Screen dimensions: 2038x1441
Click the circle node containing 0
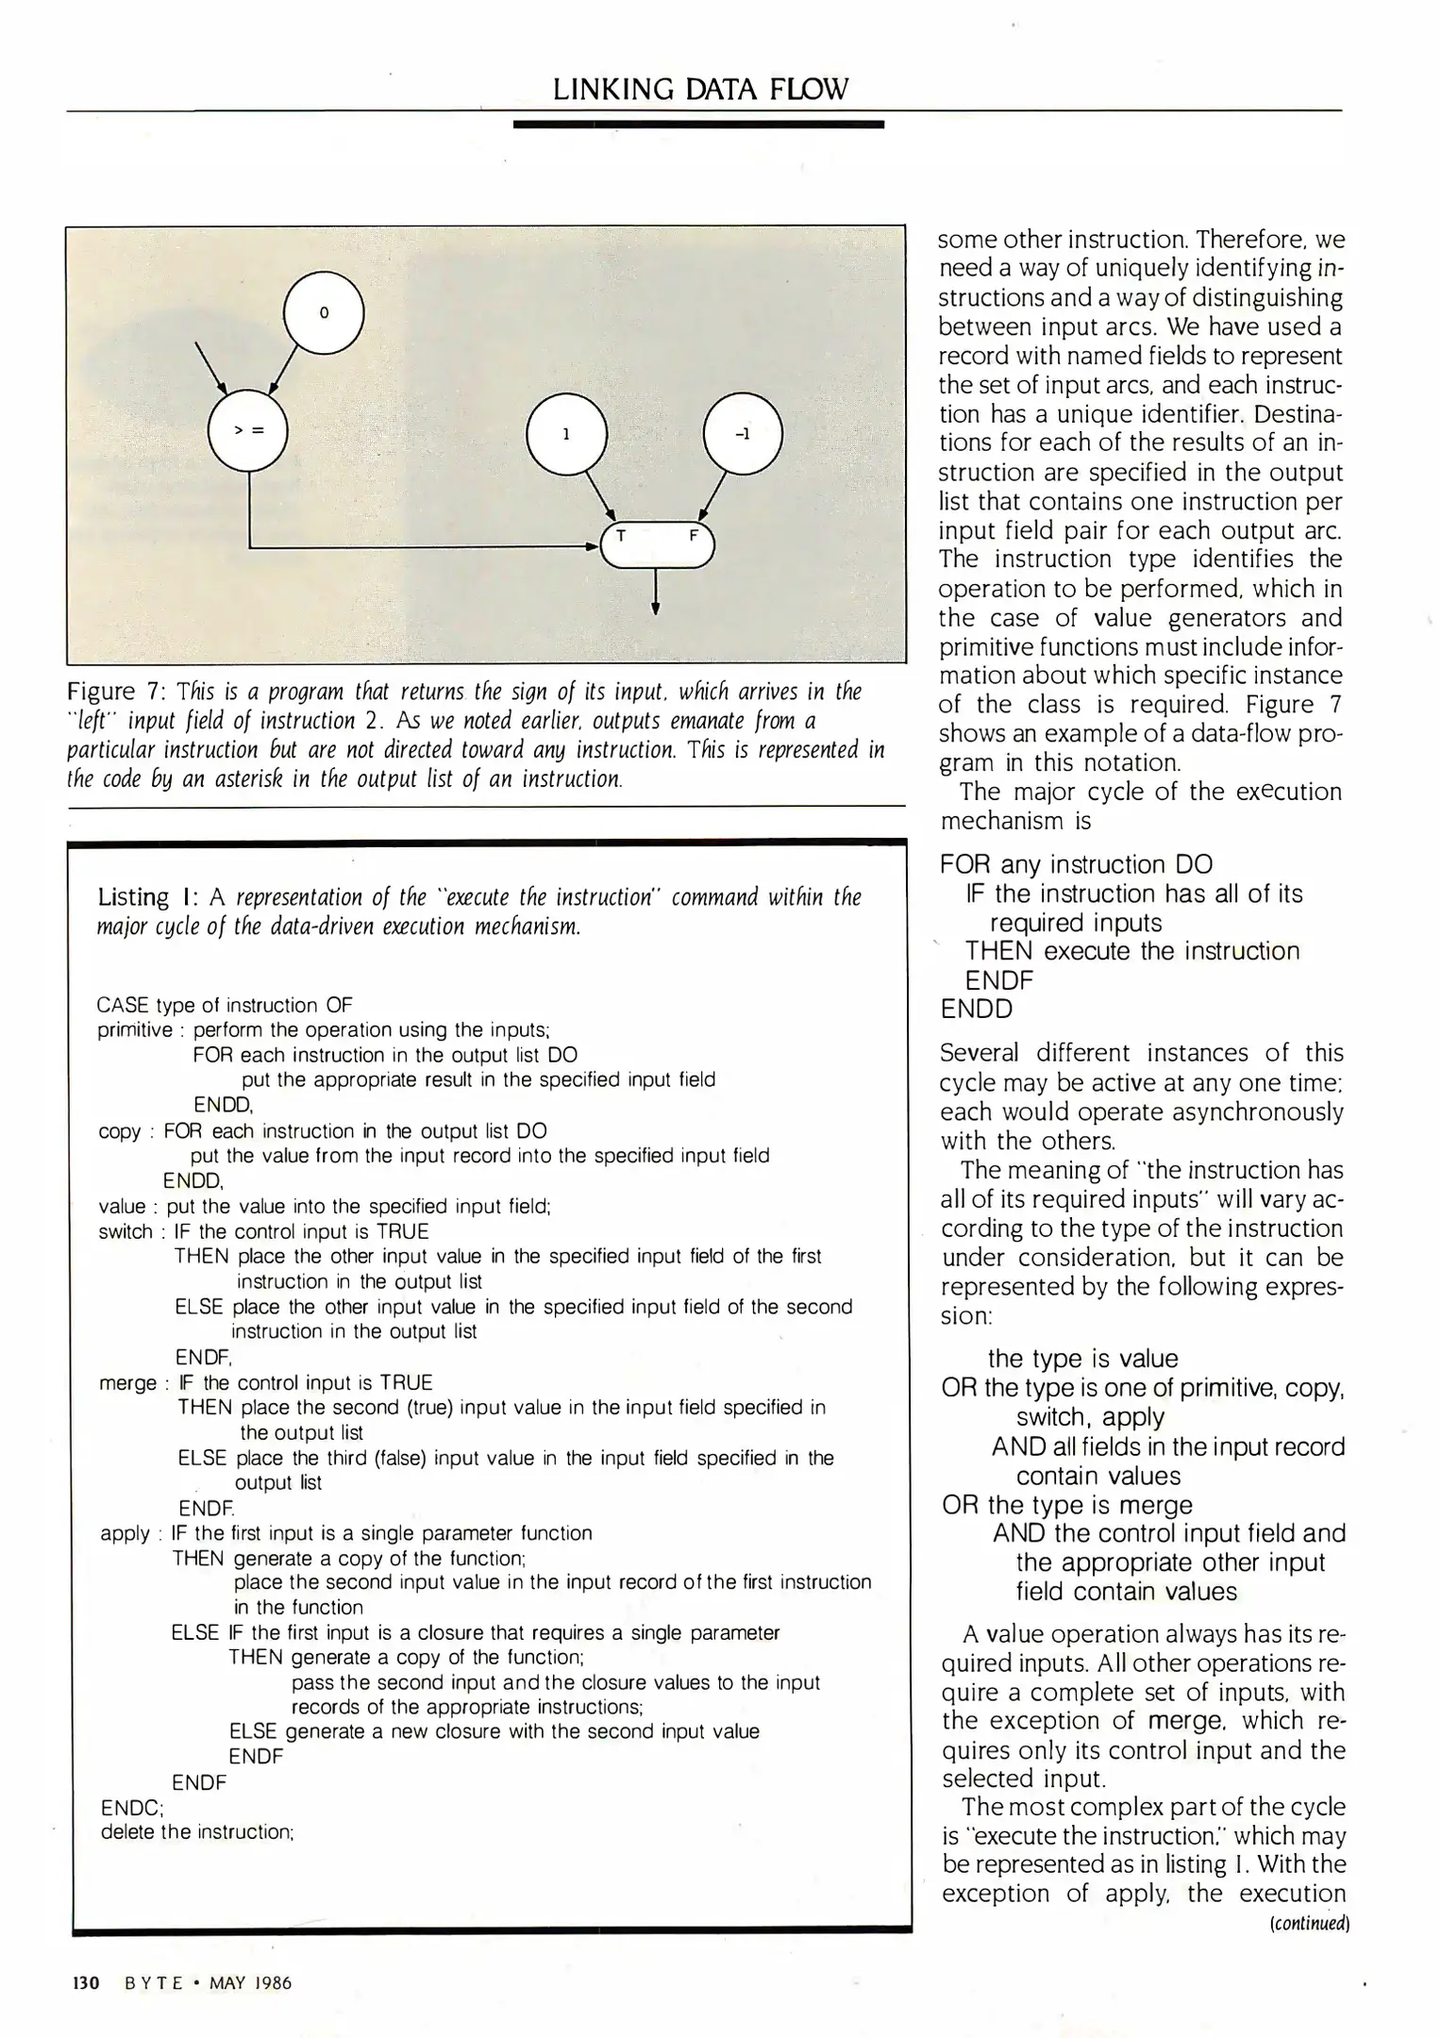click(324, 312)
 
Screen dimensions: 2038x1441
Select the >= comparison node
click(248, 430)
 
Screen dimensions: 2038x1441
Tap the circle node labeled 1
click(566, 434)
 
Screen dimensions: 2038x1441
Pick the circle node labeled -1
click(743, 434)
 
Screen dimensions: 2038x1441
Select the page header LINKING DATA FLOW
click(700, 90)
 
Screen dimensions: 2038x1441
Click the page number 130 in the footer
click(86, 1982)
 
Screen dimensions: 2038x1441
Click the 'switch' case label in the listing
click(126, 1231)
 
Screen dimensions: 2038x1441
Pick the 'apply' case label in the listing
click(125, 1534)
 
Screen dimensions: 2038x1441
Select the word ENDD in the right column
click(976, 1009)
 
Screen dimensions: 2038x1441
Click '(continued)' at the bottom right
click(1310, 1923)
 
